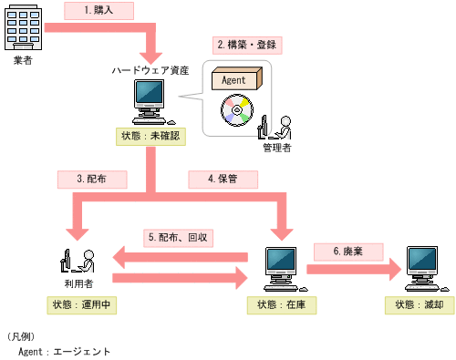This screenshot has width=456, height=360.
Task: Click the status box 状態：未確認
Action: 150,135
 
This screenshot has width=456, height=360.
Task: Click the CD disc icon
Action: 235,111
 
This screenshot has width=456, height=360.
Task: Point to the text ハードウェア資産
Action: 150,70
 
